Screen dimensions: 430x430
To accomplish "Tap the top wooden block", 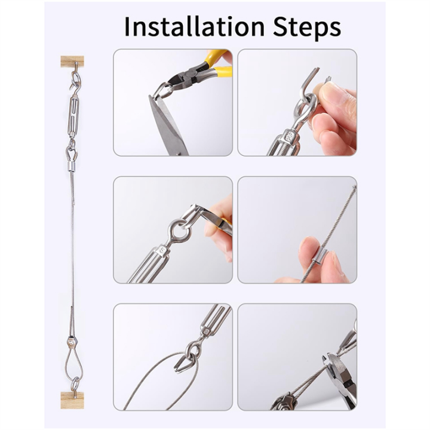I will (72, 62).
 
